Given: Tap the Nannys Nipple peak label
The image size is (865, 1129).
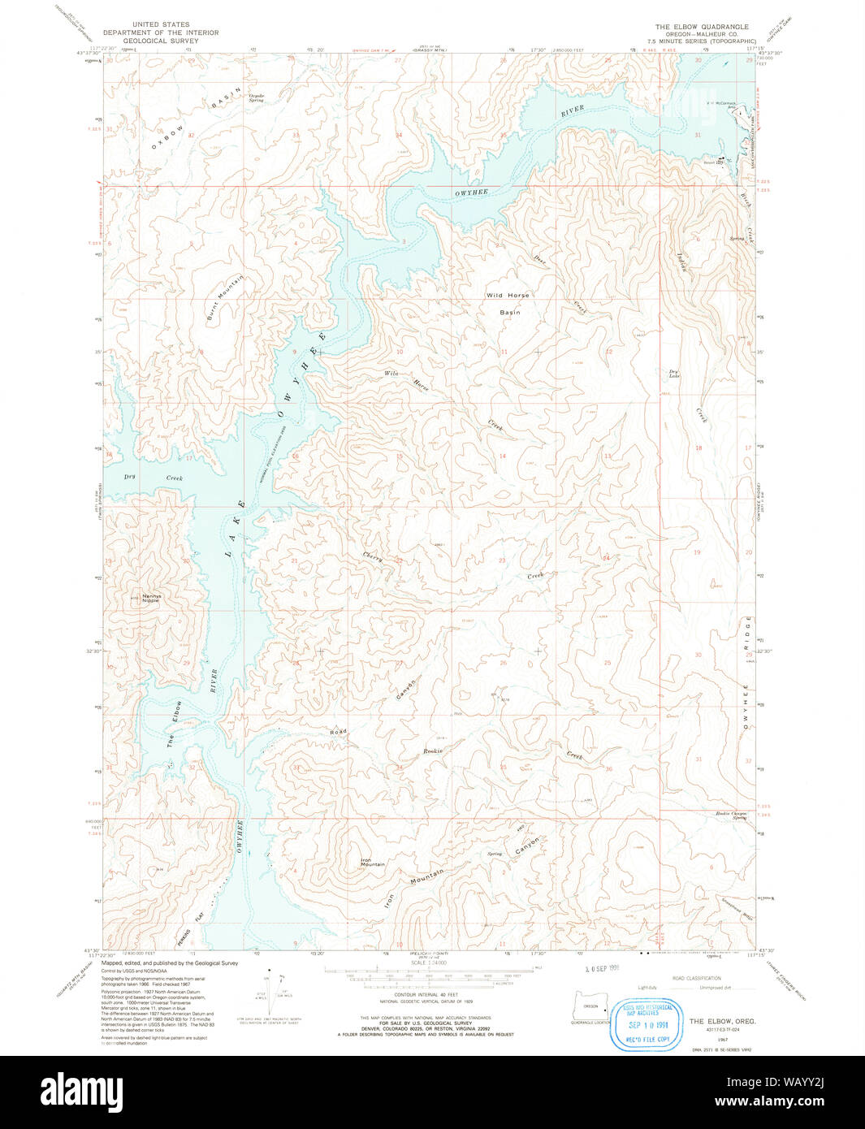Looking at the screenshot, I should [150, 598].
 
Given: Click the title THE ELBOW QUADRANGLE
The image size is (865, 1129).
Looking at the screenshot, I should [702, 27].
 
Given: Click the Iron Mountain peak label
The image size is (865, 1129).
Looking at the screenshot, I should [372, 863].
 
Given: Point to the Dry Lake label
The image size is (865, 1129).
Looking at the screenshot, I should [673, 374].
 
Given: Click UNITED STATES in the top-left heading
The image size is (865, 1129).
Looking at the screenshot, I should [161, 25].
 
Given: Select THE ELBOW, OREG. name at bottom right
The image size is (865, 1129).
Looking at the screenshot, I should [722, 1020].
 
